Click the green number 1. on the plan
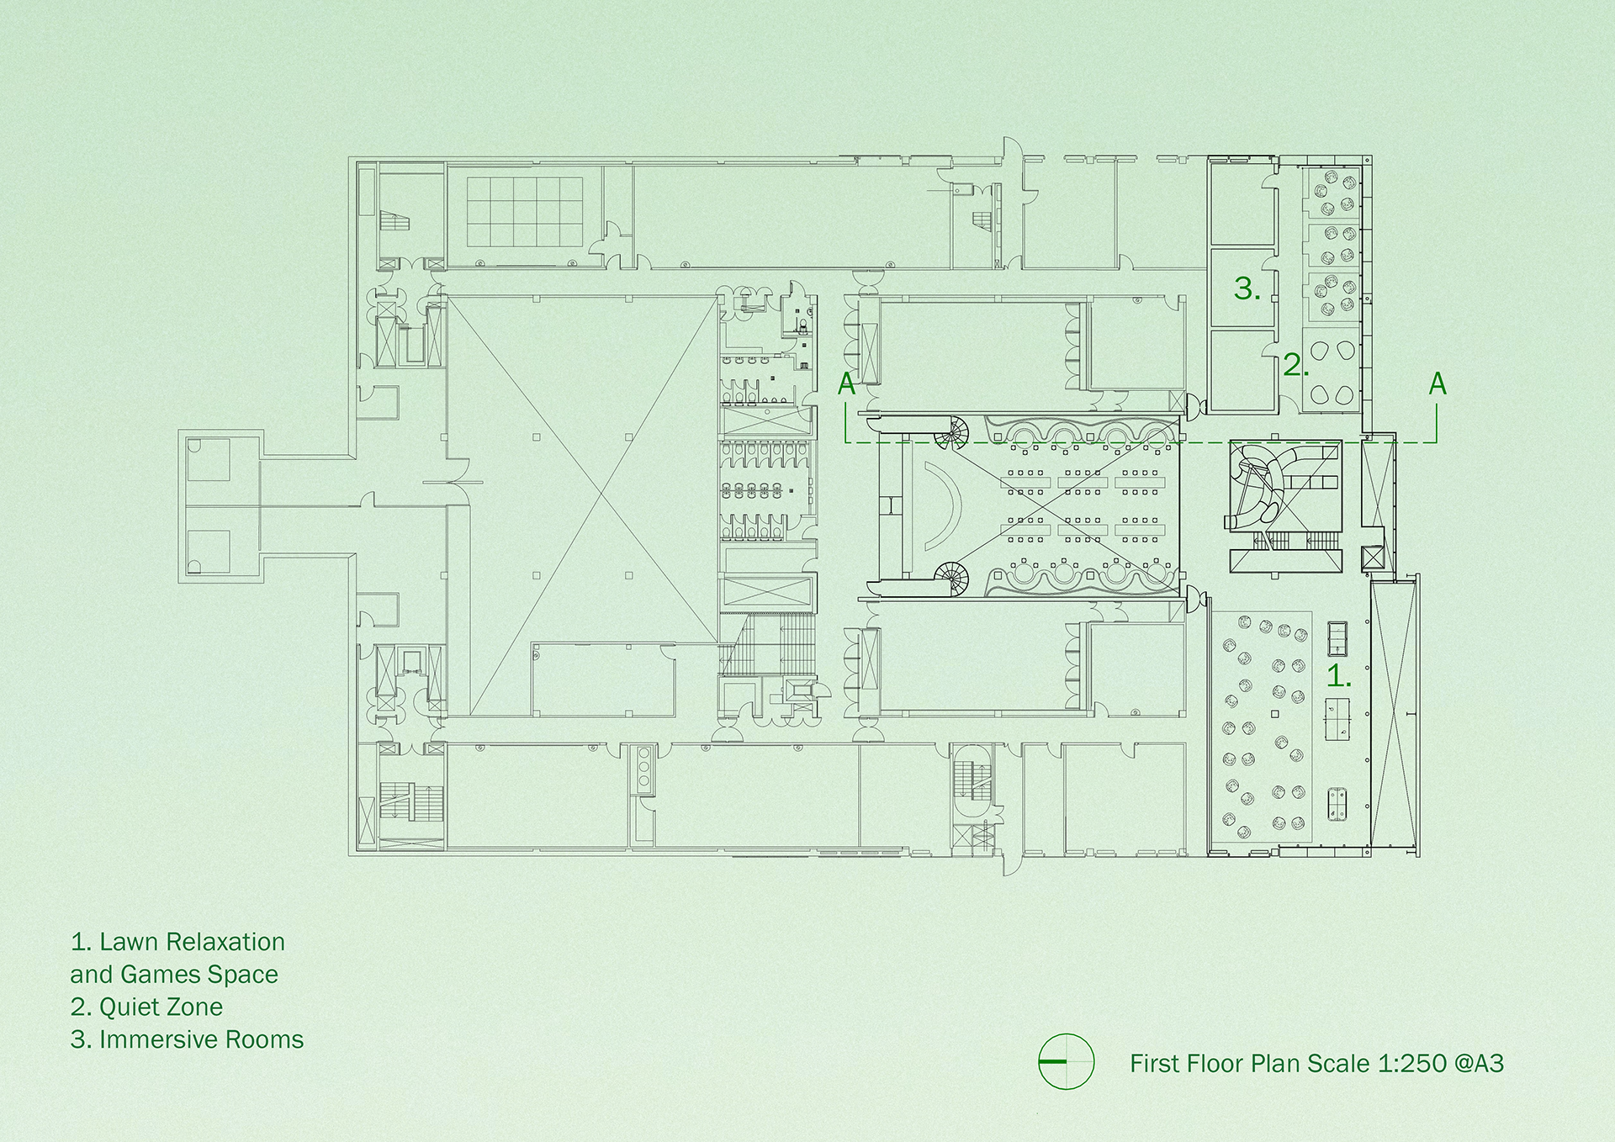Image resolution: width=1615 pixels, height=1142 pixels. click(1337, 675)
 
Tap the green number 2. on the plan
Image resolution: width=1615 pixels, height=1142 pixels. click(1295, 365)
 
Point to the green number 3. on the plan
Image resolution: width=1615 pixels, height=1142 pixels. click(1247, 288)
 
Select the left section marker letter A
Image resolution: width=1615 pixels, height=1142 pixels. click(847, 383)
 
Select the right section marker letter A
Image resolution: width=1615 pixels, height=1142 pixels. click(1438, 383)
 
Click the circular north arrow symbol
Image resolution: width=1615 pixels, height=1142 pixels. click(1067, 1061)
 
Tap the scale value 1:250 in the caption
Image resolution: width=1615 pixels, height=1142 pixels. click(1412, 1063)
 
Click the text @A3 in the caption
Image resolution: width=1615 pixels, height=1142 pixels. click(1478, 1063)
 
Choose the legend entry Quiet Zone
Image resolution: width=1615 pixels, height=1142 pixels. click(160, 1007)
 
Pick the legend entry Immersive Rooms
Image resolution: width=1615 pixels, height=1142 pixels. click(200, 1039)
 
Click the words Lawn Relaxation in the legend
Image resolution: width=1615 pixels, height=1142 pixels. click(192, 942)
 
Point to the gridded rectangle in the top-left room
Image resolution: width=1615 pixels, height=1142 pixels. click(525, 212)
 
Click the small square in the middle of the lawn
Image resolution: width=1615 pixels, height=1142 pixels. click(1275, 714)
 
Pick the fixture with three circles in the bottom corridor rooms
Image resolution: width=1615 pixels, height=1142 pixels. click(644, 768)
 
